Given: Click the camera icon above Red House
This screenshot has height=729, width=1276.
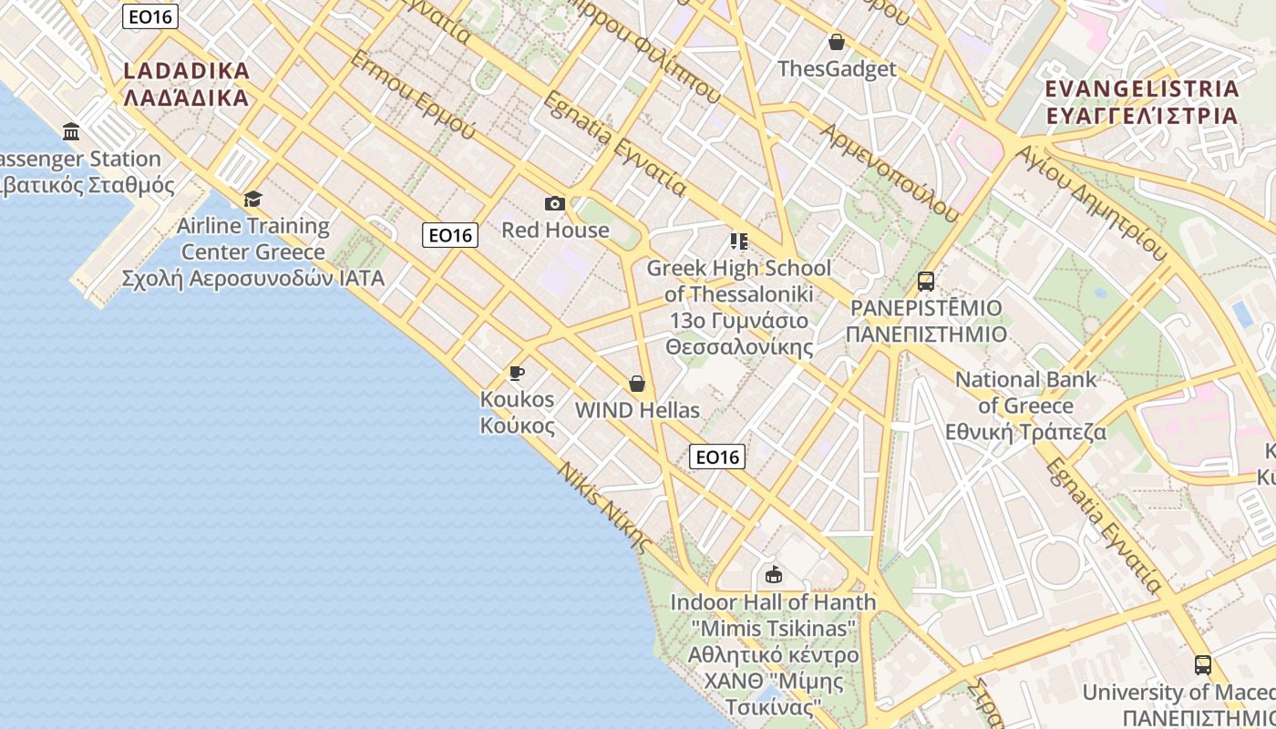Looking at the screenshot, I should tap(554, 203).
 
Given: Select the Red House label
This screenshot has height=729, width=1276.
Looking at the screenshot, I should tap(555, 230).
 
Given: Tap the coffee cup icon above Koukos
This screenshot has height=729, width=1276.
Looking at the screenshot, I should tap(517, 373).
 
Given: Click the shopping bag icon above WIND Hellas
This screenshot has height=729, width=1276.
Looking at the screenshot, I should tap(637, 384).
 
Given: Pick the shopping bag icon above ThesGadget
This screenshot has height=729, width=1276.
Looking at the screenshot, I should tap(836, 42).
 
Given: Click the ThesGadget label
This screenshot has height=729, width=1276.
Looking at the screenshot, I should tap(837, 68).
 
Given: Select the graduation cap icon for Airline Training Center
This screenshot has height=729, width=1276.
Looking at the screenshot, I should tap(252, 199).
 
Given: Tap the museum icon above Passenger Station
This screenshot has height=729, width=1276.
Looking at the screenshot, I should tap(71, 132).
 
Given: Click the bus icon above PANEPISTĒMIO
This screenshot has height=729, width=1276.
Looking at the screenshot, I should tap(925, 281).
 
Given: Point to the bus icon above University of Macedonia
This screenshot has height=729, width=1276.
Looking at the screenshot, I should tap(1203, 665).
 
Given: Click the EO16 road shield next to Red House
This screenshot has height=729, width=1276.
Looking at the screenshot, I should tap(450, 235).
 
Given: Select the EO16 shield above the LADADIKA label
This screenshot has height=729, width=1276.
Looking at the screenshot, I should tap(149, 15).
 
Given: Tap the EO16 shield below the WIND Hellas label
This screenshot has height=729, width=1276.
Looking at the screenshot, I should tap(717, 457).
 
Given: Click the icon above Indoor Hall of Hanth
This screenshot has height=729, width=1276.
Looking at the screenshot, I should tap(774, 574).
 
